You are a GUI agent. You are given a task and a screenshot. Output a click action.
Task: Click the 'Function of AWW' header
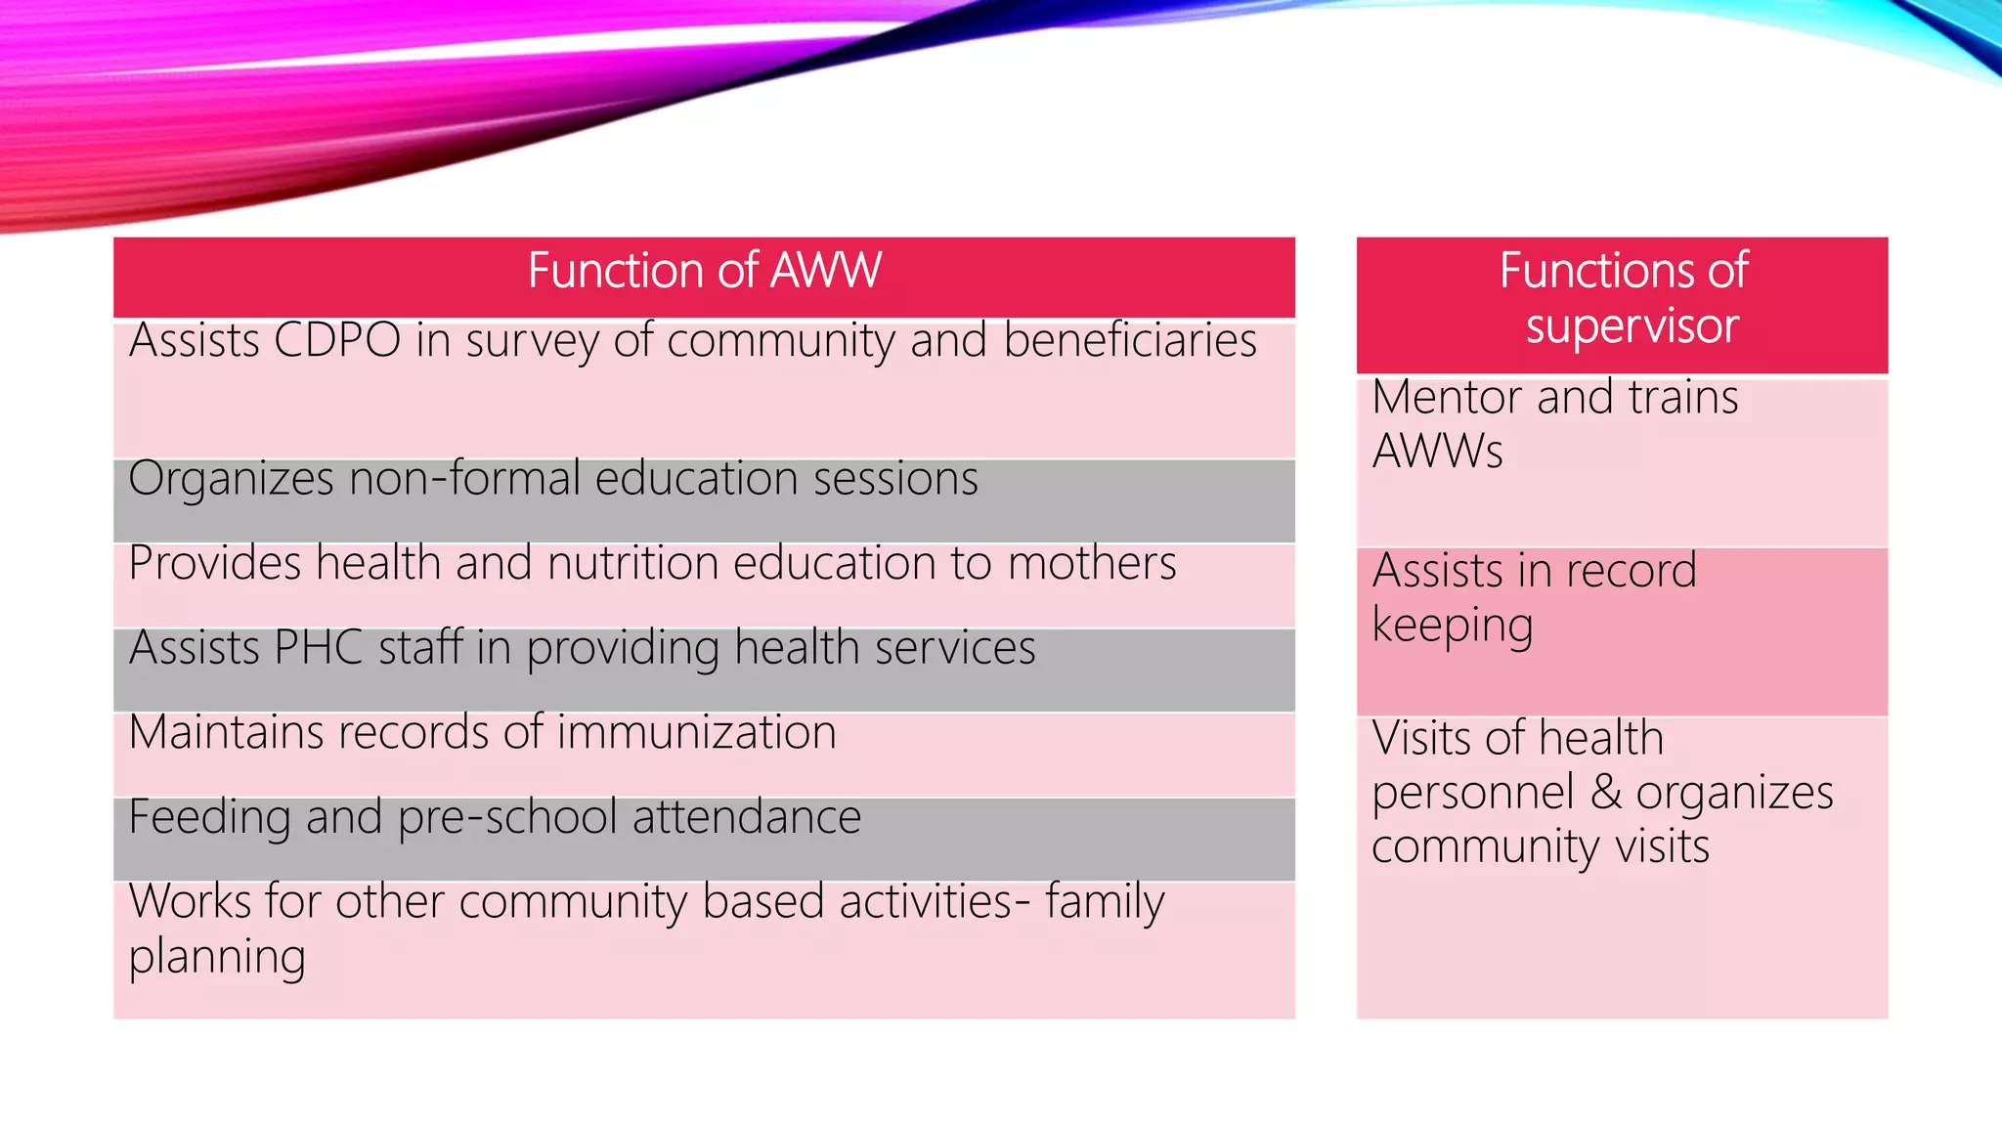704,271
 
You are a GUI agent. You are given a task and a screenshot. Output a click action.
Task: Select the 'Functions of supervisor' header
1623,298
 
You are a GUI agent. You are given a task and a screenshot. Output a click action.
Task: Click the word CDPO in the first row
337,341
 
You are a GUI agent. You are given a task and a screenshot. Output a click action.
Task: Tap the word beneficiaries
1130,341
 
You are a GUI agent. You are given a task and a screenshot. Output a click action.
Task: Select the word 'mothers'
1092,564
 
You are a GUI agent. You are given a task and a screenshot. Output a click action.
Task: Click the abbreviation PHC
319,648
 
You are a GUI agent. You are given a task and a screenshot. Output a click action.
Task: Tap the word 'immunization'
696,733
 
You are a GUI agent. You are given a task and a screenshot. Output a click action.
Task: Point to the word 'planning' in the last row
217,957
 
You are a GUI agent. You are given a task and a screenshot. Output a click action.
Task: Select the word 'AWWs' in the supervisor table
1437,452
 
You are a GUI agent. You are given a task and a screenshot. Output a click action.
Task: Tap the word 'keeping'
1452,627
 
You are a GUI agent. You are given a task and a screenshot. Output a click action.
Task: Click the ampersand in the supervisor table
1606,792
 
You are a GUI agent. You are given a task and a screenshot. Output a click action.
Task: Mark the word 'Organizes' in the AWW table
231,480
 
